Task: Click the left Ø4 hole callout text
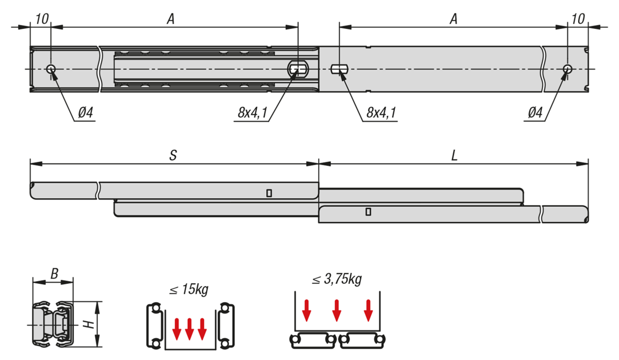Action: coord(86,113)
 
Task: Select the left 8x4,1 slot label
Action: coord(253,113)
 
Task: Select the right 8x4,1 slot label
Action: coord(382,113)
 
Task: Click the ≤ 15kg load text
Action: coord(189,290)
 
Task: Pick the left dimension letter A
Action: coord(171,19)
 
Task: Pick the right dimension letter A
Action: coord(453,19)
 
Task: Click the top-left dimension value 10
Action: coord(42,19)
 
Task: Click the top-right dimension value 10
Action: coord(578,19)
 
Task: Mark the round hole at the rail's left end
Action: coord(51,69)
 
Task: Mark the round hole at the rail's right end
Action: coord(567,69)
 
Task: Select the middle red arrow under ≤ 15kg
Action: coord(189,329)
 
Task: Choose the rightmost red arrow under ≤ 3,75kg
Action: coord(368,309)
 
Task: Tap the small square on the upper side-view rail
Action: coord(269,193)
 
